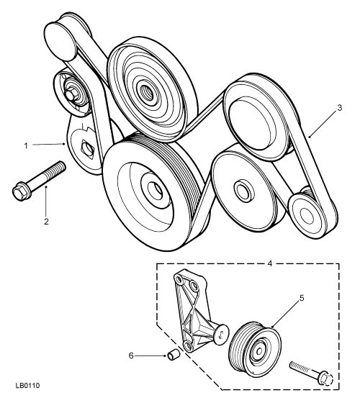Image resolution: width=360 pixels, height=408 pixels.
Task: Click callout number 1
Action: tap(26, 145)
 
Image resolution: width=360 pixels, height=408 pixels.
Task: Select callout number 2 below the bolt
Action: tap(46, 222)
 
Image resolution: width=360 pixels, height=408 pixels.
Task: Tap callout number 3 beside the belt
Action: tap(339, 107)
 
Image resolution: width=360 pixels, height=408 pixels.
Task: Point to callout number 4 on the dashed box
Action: tap(270, 263)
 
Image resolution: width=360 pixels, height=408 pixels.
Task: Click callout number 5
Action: tap(302, 298)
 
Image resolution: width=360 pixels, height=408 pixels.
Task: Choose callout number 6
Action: tap(131, 355)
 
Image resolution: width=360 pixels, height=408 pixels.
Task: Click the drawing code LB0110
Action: tap(27, 386)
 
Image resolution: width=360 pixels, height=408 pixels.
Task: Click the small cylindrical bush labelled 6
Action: tap(173, 355)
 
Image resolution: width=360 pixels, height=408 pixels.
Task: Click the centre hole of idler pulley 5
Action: tap(259, 351)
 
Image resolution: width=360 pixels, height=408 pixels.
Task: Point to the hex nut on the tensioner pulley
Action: tap(71, 95)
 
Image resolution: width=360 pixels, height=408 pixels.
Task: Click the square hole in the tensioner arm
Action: tap(88, 148)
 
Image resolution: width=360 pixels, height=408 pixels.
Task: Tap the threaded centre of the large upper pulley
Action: tap(145, 92)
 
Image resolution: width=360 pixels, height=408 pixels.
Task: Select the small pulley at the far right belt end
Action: tap(307, 214)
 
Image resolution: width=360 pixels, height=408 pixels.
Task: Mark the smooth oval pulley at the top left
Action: tap(59, 40)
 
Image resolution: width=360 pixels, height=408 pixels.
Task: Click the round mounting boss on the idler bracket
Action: tap(222, 335)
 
